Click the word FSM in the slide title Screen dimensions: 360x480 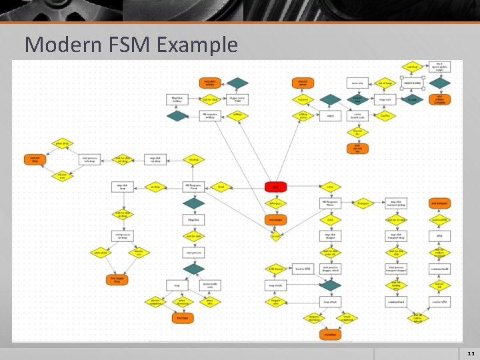pos(127,45)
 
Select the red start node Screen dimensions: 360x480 pos(275,187)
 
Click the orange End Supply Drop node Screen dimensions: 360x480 pos(116,280)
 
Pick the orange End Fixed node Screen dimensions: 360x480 pos(182,319)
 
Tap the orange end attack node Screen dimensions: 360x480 pos(329,335)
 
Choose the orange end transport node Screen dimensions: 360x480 pos(439,203)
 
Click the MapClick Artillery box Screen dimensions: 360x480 pos(178,99)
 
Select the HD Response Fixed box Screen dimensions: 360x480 pos(193,187)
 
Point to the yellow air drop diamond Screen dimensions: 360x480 pos(155,187)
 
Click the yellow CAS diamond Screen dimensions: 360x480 pos(329,219)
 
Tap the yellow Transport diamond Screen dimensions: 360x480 pos(363,203)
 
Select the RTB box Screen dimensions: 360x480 pos(439,236)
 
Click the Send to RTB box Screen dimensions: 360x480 pos(303,269)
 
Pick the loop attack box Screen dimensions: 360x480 pos(331,302)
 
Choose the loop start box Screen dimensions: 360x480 pos(385,99)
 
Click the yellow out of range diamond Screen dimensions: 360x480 pos(385,83)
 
